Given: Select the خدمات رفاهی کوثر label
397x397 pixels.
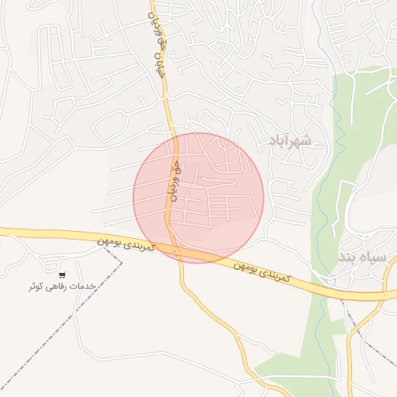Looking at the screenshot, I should tap(62, 286).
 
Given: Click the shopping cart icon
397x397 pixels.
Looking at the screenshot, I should tap(62, 274).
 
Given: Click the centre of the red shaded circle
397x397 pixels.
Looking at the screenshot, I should tap(198, 198).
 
